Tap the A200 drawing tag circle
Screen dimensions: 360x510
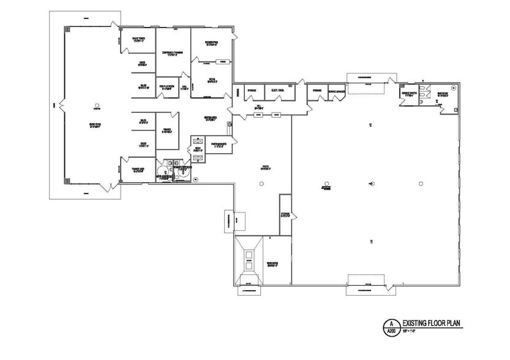click(387, 325)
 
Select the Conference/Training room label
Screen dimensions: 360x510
click(172, 54)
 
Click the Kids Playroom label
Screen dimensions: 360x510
click(167, 88)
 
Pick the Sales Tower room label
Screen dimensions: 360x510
click(138, 39)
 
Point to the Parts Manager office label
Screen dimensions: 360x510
click(219, 145)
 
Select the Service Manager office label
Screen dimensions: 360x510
click(337, 91)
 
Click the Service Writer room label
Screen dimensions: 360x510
click(409, 94)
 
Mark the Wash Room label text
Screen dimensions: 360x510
click(272, 265)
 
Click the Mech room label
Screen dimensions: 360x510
click(198, 149)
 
